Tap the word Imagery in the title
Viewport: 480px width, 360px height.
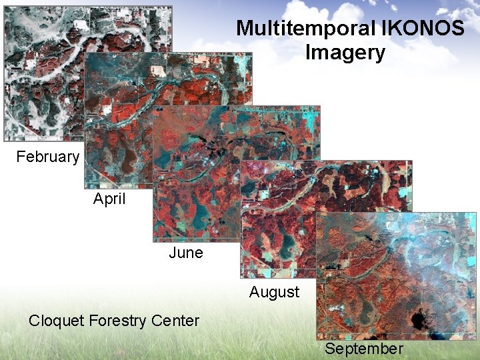345,53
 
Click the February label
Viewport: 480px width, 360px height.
47,157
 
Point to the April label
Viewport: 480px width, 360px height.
109,199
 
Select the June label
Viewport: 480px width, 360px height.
185,253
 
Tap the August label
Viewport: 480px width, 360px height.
274,291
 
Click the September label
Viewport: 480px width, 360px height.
364,349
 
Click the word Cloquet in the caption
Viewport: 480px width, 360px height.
57,321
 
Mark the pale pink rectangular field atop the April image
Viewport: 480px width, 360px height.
158,70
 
